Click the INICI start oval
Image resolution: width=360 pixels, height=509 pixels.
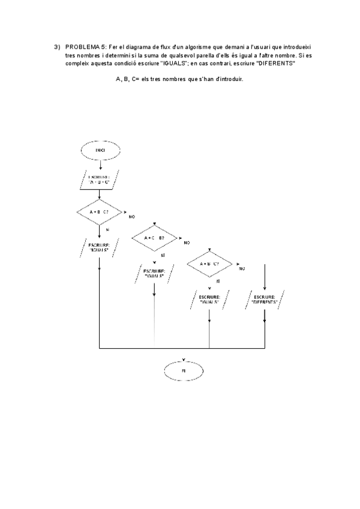tap(100, 150)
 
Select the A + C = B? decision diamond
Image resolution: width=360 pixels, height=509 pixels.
tap(155, 238)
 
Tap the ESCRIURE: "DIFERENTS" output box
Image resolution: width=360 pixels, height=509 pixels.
tap(265, 299)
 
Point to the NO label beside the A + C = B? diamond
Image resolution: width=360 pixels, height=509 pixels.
tap(187, 243)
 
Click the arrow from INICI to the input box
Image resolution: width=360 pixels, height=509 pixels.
tap(100, 164)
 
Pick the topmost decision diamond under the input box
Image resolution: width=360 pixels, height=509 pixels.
tap(100, 212)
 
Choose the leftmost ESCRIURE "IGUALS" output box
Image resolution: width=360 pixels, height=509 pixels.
tap(99, 247)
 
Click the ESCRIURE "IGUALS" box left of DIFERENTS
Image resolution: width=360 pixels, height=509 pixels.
tap(209, 299)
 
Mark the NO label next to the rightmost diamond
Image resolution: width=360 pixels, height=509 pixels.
tap(242, 269)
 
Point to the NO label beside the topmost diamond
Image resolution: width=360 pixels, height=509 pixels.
tap(131, 216)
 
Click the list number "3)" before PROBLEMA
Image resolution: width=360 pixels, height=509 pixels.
tap(58, 47)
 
